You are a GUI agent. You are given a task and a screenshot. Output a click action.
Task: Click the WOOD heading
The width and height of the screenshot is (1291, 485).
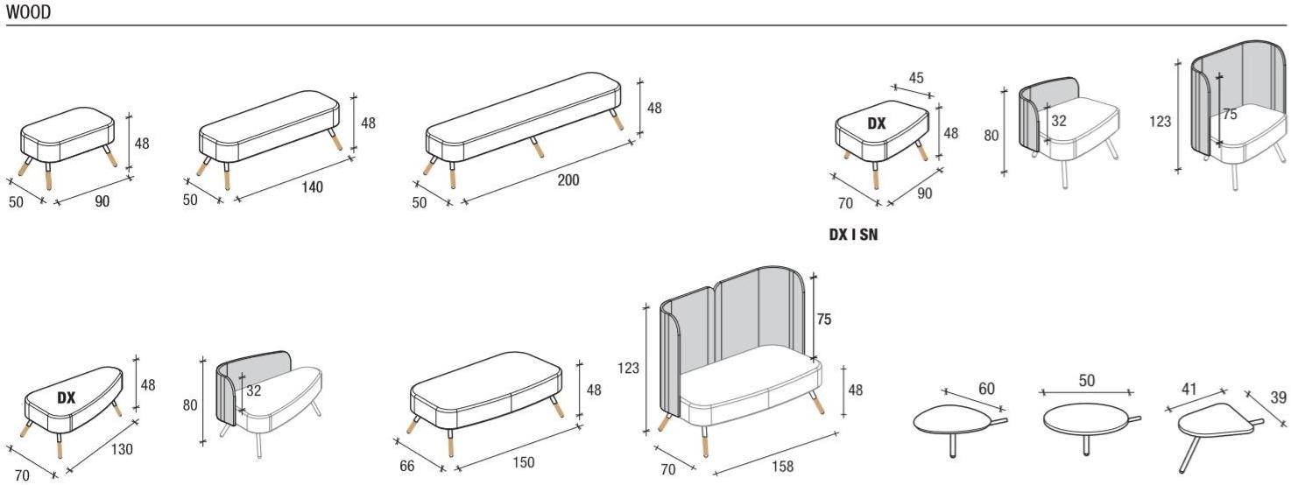coord(28,12)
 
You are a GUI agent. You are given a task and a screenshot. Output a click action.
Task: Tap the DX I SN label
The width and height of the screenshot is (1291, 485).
coord(853,235)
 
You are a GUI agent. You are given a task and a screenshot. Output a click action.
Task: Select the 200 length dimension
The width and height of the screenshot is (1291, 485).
coord(568,180)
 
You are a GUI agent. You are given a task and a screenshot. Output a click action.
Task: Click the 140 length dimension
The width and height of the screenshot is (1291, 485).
coord(313,186)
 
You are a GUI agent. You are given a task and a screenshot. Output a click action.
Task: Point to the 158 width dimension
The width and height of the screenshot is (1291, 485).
coord(783,466)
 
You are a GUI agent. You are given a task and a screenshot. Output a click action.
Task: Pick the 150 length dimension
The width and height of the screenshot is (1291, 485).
coord(523,462)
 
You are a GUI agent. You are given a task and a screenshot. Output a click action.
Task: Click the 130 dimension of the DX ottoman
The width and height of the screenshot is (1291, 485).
coord(122,449)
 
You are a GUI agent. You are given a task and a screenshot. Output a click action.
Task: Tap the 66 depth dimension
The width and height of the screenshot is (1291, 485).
coord(407,466)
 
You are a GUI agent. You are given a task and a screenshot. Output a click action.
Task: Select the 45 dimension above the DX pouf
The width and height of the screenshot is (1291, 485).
coord(916,78)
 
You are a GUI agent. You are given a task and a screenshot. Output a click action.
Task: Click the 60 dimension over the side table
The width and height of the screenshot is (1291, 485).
coord(987,389)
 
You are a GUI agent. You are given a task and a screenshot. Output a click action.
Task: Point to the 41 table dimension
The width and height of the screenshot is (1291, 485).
coord(1189,389)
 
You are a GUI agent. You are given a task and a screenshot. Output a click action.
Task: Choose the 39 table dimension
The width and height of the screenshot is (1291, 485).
coord(1279,397)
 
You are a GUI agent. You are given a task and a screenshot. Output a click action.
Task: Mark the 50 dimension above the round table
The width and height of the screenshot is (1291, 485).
coord(1086,380)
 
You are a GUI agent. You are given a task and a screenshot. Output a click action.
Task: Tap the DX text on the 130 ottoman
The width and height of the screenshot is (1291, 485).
coord(67,397)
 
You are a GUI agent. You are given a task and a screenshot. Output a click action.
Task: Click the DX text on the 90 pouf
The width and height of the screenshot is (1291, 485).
coord(877,123)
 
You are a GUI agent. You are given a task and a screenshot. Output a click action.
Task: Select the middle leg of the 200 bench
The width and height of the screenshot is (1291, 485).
coord(537,147)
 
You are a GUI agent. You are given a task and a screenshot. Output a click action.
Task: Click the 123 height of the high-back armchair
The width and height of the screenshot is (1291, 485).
coord(1160,122)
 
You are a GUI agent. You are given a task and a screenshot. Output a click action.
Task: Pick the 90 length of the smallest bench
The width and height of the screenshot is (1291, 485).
coord(102,201)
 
